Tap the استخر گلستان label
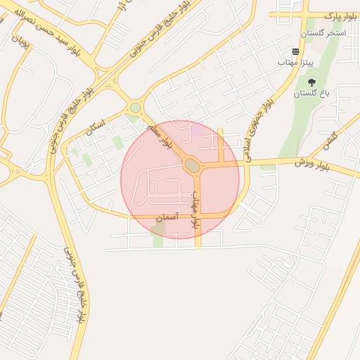pyautogui.click(x=323, y=33)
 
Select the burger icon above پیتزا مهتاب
pyautogui.click(x=295, y=51)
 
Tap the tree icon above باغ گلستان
pyautogui.click(x=311, y=82)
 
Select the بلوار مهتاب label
pyautogui.click(x=196, y=209)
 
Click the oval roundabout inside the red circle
pyautogui.click(x=192, y=165)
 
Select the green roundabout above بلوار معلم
pyautogui.click(x=135, y=108)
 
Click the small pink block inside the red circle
pyautogui.click(x=200, y=131)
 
